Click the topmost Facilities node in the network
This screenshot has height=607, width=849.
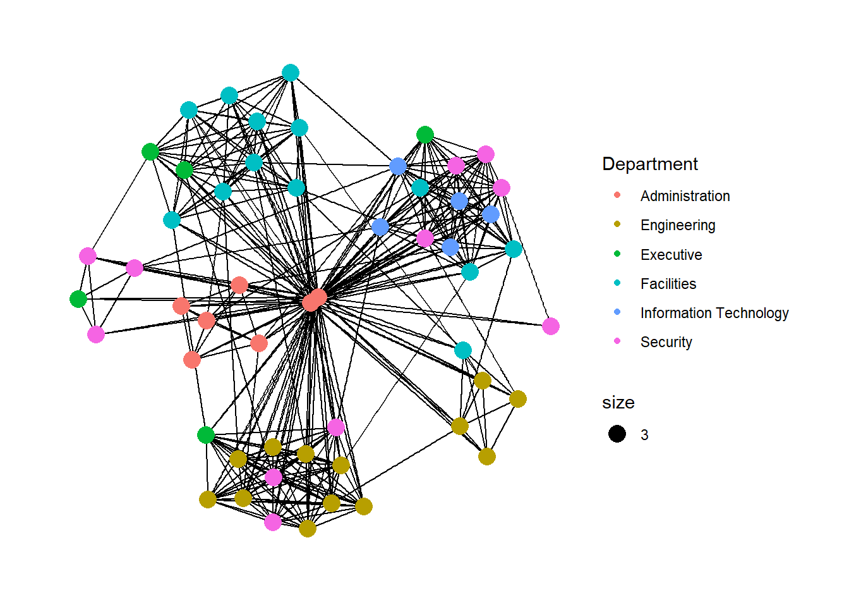[290, 73]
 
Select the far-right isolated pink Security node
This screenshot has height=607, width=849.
[550, 326]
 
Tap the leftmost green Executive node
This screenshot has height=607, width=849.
[78, 298]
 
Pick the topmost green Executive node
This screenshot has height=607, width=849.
[425, 135]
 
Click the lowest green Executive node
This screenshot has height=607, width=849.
[206, 435]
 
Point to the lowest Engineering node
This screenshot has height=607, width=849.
[308, 529]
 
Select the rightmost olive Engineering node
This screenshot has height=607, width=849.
[517, 399]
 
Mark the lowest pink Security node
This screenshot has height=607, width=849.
[273, 522]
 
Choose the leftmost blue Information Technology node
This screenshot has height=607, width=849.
[380, 227]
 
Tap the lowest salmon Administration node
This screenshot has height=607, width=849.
[192, 360]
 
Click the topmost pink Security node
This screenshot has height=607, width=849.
[486, 154]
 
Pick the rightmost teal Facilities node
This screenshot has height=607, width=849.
[514, 249]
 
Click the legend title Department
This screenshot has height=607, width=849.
[650, 164]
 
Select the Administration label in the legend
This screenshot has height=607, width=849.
[685, 196]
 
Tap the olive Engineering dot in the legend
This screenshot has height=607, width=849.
[617, 224]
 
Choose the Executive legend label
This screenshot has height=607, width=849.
[671, 255]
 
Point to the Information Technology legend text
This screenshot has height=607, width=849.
[714, 313]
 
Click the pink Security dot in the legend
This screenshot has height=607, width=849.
[617, 341]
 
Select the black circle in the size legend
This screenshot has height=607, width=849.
[617, 434]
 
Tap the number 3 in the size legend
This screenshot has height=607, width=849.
[644, 435]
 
